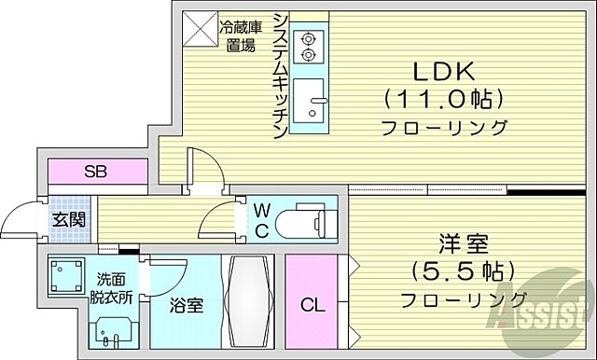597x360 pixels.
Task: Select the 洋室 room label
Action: point(463,243)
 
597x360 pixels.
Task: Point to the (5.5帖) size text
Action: point(463,271)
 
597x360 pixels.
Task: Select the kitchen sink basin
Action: point(308,100)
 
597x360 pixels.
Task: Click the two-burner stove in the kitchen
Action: point(308,46)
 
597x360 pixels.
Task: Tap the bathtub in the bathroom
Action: point(247,300)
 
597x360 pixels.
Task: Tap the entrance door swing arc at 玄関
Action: point(21,220)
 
